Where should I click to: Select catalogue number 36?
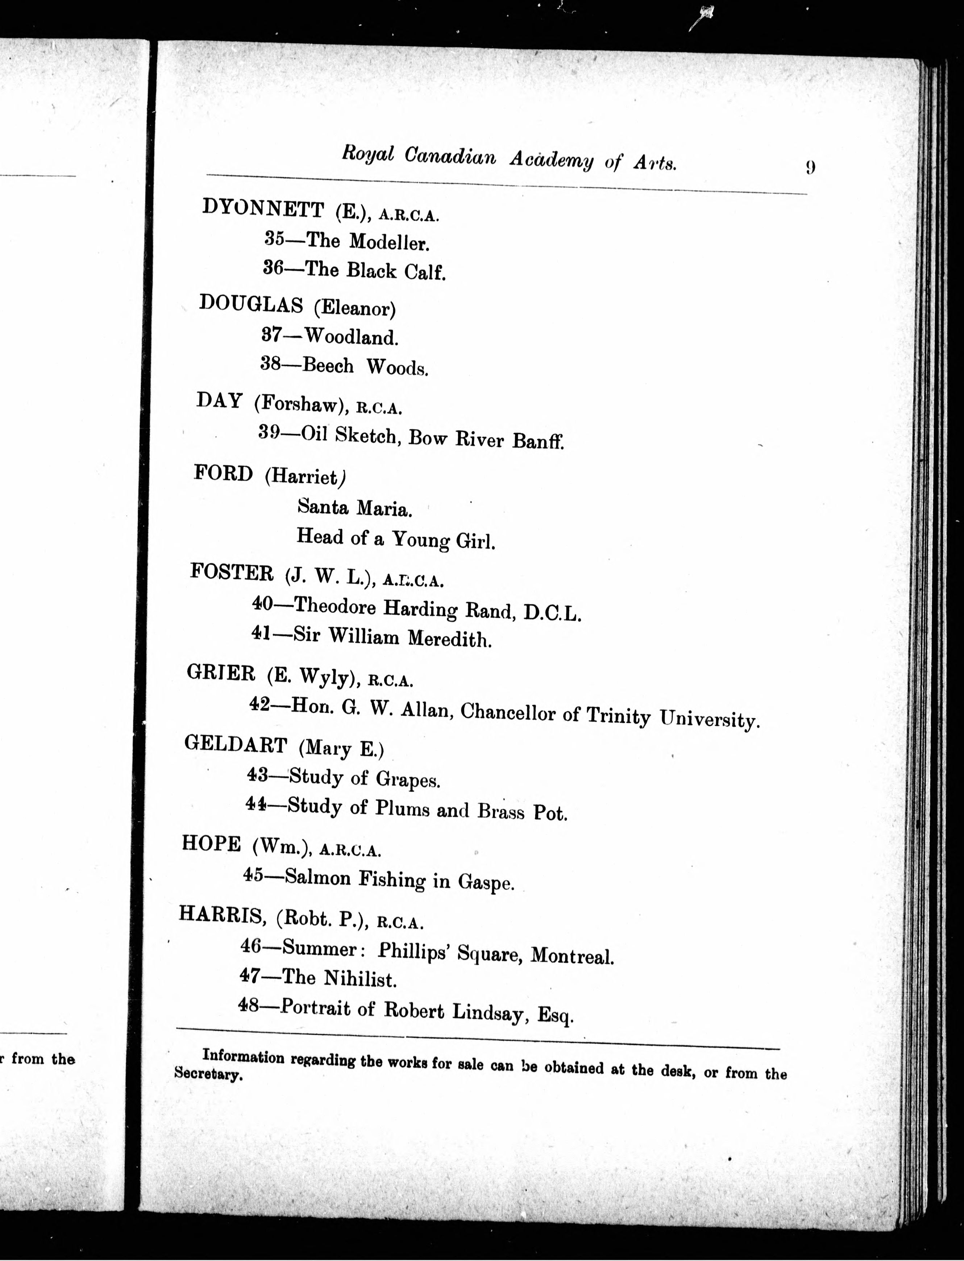(273, 267)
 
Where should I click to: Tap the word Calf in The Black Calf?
(425, 271)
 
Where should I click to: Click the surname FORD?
(223, 473)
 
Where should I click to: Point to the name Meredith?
(449, 638)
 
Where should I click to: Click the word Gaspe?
(486, 882)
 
